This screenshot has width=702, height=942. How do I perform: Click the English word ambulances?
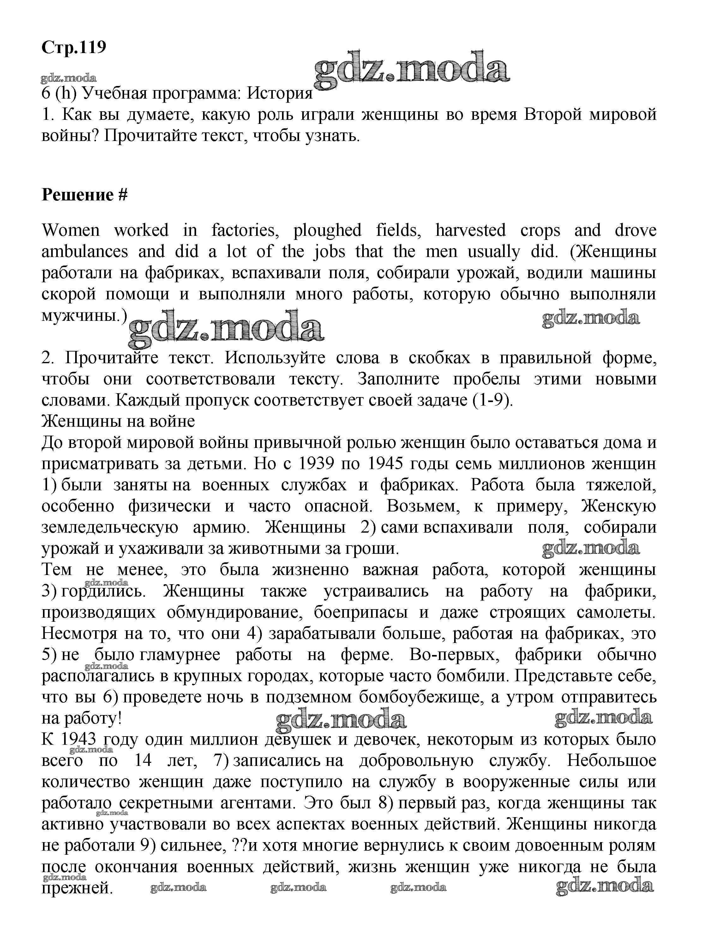pyautogui.click(x=85, y=252)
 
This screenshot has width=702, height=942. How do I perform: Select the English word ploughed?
pyautogui.click(x=327, y=230)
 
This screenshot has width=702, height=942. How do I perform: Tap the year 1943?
pyautogui.click(x=79, y=740)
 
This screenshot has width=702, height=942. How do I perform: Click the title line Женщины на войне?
pyautogui.click(x=118, y=421)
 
